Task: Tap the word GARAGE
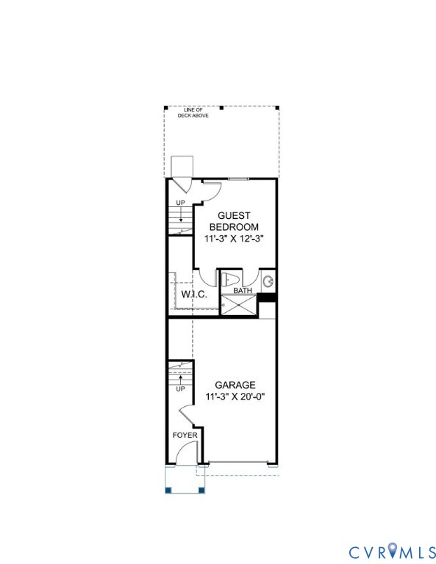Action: [235, 385]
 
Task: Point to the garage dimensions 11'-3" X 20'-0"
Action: [235, 397]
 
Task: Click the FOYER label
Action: [185, 435]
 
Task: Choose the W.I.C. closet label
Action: [194, 294]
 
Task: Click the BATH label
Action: [243, 291]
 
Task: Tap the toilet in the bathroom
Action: [230, 279]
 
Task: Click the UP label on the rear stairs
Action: [180, 203]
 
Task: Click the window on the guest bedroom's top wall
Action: [238, 178]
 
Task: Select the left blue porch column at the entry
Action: [169, 490]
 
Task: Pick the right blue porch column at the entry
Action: [201, 490]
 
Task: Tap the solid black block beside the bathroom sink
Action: [268, 297]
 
